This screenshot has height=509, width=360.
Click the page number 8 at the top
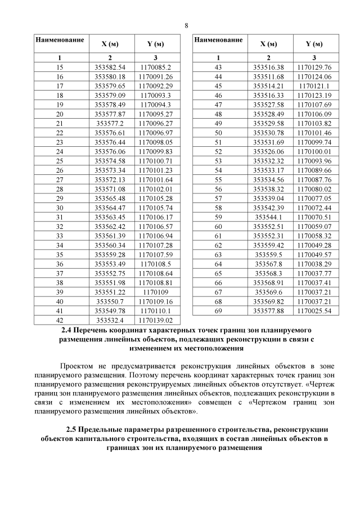click(x=186, y=25)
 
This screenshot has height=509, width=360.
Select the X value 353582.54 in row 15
click(x=110, y=67)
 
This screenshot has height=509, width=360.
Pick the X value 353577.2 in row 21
click(x=110, y=123)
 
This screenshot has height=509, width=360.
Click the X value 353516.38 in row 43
click(x=268, y=67)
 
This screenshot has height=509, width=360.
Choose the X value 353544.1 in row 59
click(x=268, y=217)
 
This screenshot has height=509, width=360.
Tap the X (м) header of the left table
click(x=110, y=44)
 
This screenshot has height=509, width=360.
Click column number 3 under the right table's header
click(x=314, y=57)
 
